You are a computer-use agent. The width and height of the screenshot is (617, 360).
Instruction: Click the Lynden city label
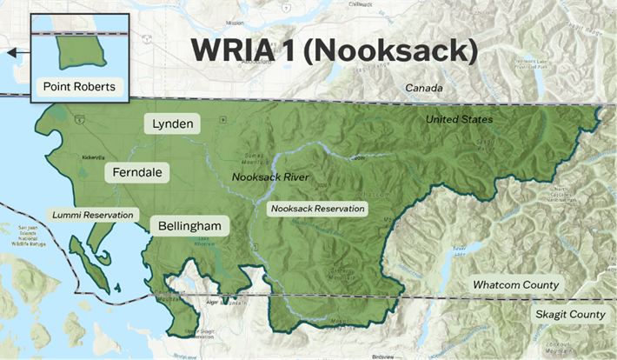[173, 123]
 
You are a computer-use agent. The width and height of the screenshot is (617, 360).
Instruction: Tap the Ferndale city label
[137, 173]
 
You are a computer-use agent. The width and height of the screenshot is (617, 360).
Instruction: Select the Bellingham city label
[189, 226]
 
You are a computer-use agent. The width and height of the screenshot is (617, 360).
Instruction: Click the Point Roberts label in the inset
[79, 87]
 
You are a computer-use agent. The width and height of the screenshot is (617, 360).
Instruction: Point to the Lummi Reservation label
[93, 214]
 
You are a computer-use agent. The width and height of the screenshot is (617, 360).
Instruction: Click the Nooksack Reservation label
[317, 209]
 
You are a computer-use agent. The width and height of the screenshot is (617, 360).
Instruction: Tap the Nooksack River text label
[270, 177]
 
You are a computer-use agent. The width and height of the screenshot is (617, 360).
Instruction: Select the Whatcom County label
[516, 285]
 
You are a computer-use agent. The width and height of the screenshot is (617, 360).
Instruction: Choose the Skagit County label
[569, 314]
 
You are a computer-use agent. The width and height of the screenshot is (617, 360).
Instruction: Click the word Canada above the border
[423, 88]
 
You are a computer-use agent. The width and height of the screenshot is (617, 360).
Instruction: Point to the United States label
[459, 118]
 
